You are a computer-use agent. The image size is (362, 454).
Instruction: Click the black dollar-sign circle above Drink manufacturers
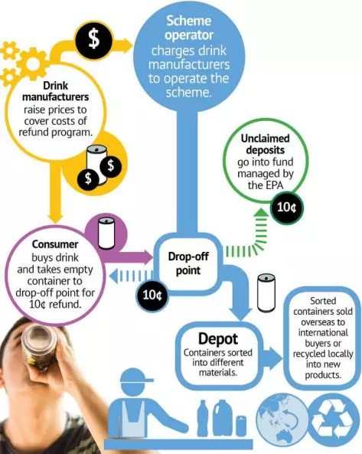pos(93,40)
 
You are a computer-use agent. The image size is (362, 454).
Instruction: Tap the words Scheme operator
pos(189,28)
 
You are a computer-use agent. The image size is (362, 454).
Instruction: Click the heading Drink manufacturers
pos(55,91)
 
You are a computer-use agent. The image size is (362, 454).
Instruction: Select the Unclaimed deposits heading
pos(265,144)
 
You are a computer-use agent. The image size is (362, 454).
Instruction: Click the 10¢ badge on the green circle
pos(286,207)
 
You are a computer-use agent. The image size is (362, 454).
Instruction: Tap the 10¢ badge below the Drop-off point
pos(152,295)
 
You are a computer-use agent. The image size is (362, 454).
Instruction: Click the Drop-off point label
pos(188,263)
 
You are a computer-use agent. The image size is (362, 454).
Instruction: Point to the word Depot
pos(218,338)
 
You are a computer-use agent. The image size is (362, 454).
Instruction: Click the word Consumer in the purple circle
pos(55,244)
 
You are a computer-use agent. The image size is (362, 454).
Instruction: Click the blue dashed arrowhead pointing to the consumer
pos(114,276)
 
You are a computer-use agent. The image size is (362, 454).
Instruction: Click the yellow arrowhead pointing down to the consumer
pos(56,217)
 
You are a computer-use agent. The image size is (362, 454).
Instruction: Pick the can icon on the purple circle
pos(106,233)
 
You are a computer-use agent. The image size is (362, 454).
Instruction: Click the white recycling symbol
pos(334,420)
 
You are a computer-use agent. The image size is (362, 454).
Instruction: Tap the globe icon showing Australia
pos(282,420)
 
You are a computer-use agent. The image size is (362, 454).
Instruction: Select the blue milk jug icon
pos(223,418)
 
